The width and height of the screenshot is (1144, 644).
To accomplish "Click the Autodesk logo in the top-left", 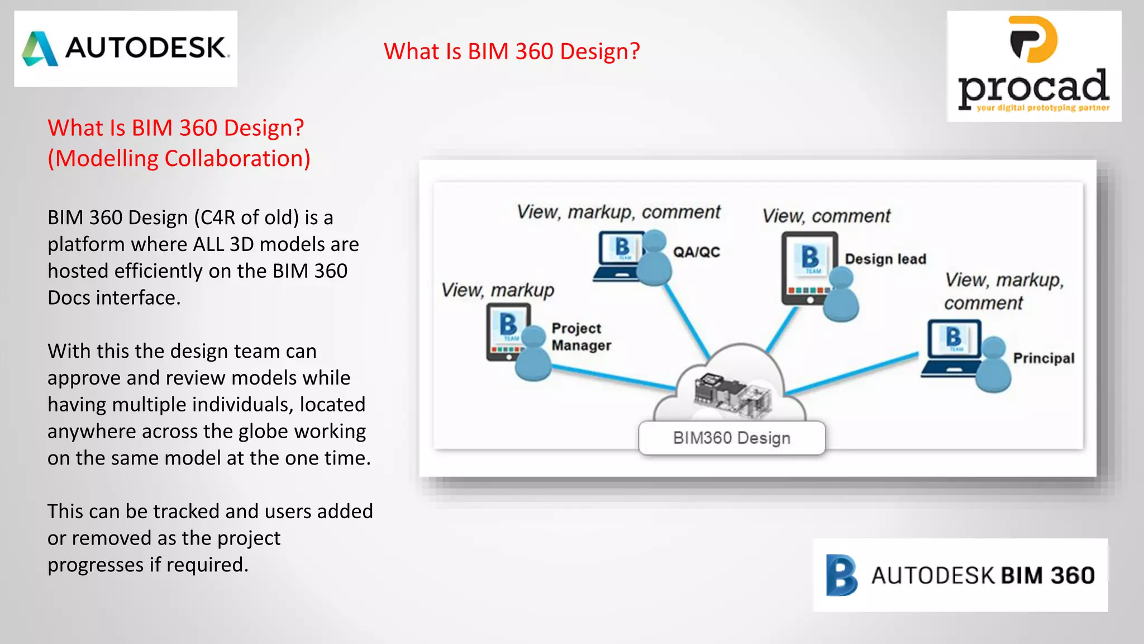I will (126, 49).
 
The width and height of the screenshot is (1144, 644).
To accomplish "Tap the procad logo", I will (1034, 66).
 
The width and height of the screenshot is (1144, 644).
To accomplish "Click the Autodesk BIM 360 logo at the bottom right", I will (960, 575).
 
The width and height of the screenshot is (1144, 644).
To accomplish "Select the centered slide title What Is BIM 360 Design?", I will (511, 51).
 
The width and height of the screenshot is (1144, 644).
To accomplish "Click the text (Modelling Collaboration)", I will (179, 158).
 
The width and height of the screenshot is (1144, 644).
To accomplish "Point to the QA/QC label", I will (696, 252).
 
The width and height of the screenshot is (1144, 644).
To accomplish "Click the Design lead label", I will (885, 259).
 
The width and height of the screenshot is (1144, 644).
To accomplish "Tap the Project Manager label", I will (581, 337).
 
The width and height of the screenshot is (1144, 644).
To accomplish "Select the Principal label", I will (1043, 358).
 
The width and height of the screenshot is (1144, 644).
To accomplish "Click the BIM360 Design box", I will (731, 438).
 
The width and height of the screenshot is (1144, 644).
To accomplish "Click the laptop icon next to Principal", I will (952, 348).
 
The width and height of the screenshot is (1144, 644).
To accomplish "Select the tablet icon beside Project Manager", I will (507, 331).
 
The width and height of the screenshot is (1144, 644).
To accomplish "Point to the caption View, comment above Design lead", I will (826, 216).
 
